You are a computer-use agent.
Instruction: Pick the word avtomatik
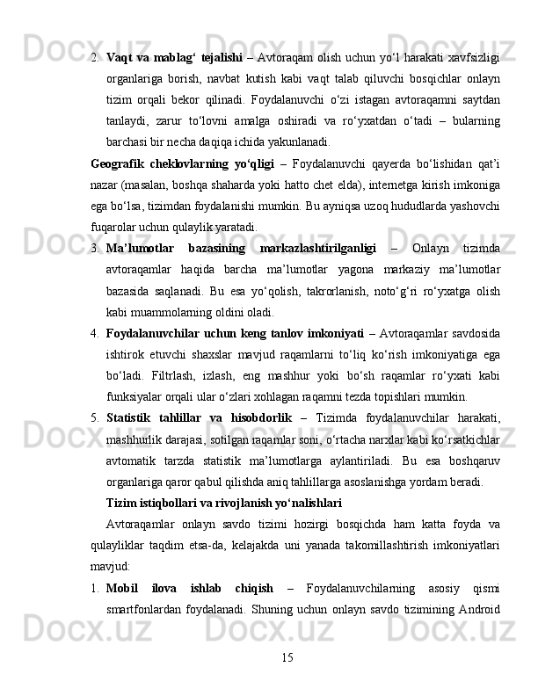tap(128, 459)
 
